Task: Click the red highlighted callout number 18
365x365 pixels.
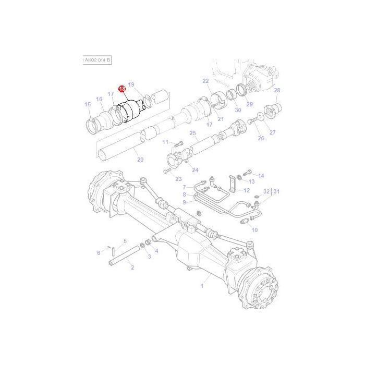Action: [x=122, y=89]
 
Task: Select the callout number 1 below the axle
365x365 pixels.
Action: [x=202, y=286]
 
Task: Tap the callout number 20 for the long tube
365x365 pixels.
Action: [x=139, y=159]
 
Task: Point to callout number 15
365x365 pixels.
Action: [x=88, y=105]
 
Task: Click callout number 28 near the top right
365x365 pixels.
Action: [x=277, y=90]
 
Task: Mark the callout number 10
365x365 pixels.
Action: [x=254, y=230]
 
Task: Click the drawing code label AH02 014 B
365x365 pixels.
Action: [x=97, y=60]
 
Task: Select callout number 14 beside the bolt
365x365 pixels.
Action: [x=261, y=176]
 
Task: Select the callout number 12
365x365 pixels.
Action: [x=247, y=190]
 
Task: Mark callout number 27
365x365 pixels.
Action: [x=272, y=132]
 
